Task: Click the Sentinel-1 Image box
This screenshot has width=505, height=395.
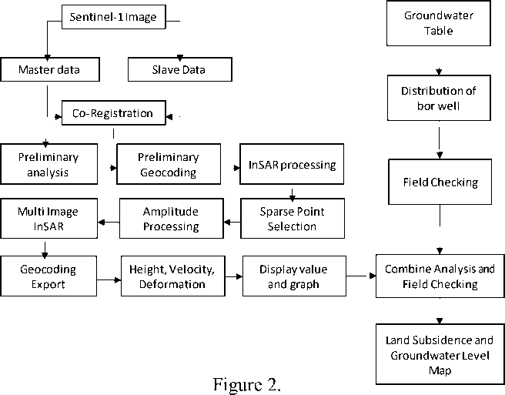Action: [114, 17]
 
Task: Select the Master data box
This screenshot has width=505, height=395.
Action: [50, 69]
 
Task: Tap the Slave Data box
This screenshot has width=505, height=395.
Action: [179, 69]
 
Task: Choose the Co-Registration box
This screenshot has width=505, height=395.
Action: [114, 112]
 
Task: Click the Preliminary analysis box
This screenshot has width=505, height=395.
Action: [49, 164]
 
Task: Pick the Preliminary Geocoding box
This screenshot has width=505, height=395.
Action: [169, 164]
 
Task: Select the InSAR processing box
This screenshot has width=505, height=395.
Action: [292, 164]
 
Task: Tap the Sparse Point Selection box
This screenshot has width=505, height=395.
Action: [293, 219]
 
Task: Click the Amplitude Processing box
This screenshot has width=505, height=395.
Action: [172, 219]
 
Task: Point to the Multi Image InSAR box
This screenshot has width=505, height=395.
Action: [49, 219]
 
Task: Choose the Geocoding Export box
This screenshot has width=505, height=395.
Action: [48, 276]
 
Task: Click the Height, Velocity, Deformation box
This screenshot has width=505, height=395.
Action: [173, 276]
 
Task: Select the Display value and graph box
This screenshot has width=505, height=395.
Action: [294, 276]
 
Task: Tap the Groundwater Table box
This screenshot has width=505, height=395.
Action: [439, 23]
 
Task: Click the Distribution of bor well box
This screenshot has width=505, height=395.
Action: [439, 98]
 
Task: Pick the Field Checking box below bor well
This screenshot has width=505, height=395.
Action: [440, 182]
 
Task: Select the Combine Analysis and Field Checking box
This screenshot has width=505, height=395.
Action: [440, 276]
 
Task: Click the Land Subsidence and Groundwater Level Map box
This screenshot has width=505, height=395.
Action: [440, 354]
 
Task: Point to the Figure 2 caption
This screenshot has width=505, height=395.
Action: [246, 384]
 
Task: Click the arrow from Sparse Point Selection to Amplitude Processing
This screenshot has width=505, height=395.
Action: [232, 222]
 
